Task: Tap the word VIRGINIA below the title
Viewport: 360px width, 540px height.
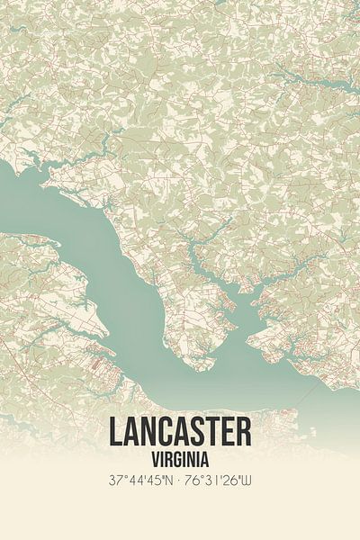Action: (x=180, y=457)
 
